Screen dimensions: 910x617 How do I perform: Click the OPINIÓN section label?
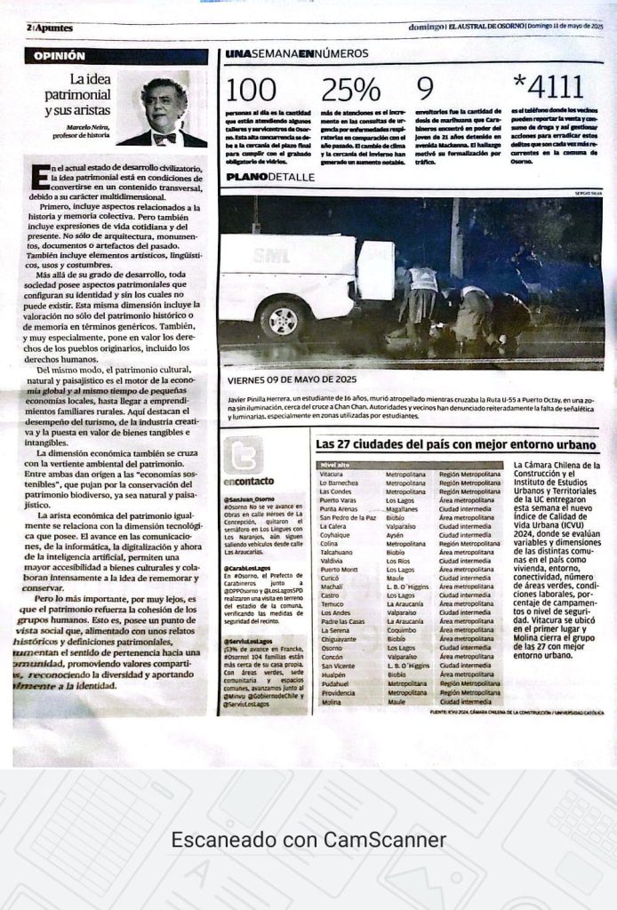[60, 55]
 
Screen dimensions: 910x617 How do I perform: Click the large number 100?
[251, 89]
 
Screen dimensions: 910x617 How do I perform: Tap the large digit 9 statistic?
[425, 88]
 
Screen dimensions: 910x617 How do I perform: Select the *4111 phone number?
[549, 87]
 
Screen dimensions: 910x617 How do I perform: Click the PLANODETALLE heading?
[270, 177]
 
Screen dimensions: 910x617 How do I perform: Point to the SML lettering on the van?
[265, 254]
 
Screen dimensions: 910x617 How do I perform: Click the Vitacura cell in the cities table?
[331, 475]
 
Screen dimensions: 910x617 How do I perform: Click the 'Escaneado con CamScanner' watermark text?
[308, 839]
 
